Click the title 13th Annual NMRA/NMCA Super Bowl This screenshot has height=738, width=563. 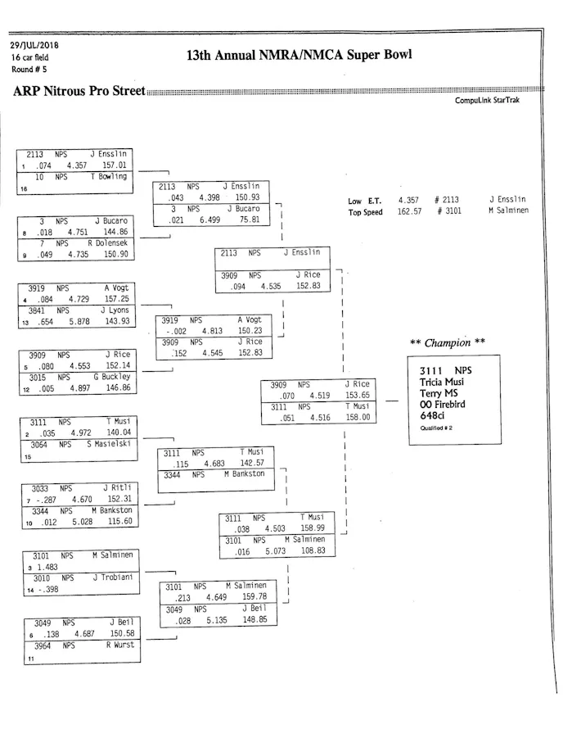[x=299, y=56]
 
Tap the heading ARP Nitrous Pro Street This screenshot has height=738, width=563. [x=79, y=91]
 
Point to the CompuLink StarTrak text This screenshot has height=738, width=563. [x=487, y=101]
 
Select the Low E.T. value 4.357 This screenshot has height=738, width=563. [x=408, y=200]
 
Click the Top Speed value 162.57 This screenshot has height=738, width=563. [x=409, y=211]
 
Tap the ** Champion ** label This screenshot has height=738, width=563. [x=447, y=342]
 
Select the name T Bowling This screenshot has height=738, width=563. [x=108, y=176]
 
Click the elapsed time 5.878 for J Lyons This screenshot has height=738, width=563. [x=79, y=321]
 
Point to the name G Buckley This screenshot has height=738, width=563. [x=111, y=377]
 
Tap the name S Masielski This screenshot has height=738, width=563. [x=109, y=444]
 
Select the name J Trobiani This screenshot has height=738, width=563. [x=112, y=577]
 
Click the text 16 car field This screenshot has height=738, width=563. [x=29, y=57]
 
